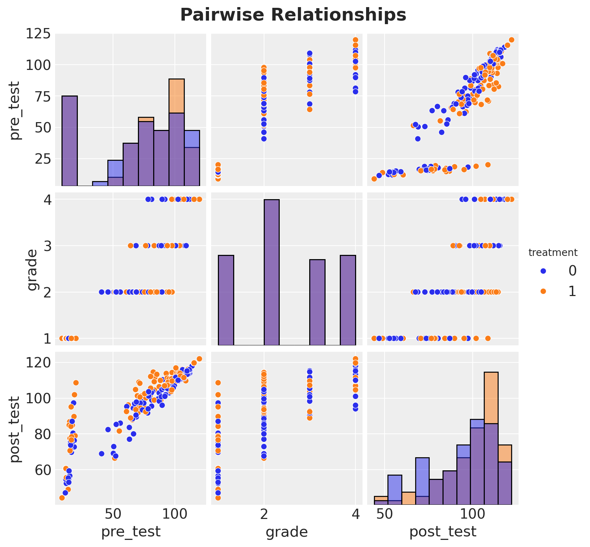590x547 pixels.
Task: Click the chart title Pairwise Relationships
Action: coord(293,15)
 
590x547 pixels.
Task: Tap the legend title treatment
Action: coord(553,253)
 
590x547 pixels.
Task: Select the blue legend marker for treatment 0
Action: coord(543,271)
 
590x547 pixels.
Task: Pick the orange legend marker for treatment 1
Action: coord(543,291)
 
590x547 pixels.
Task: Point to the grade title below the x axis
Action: coord(286,532)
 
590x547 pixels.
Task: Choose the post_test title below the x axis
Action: coord(442,532)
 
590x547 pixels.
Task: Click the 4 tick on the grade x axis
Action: coord(355,514)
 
